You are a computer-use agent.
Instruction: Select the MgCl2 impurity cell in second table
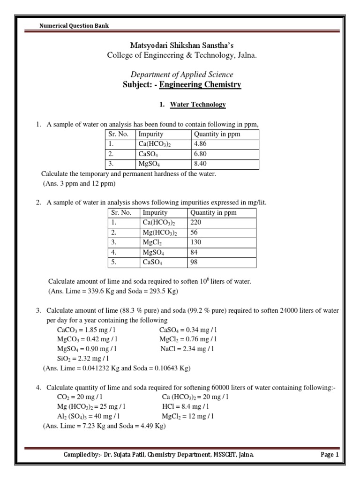[152, 242]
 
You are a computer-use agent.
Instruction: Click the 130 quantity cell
[195, 242]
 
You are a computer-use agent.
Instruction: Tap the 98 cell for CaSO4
[194, 262]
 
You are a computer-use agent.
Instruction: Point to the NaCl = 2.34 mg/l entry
[187, 348]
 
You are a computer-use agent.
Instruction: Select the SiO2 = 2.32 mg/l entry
[87, 359]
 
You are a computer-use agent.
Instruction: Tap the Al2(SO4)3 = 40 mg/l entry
[88, 416]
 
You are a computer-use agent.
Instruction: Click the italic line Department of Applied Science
[182, 75]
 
